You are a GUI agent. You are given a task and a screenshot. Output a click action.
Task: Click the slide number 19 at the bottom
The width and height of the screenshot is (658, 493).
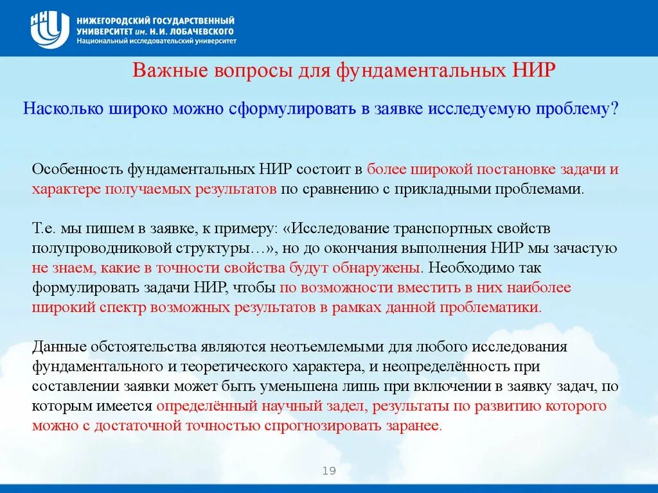click(329, 472)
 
